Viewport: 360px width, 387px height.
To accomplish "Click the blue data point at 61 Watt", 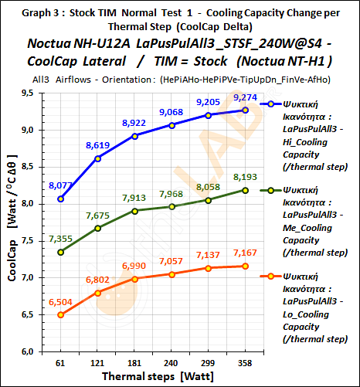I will (x=61, y=199).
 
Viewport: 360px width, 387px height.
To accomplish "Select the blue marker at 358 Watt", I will (x=245, y=110).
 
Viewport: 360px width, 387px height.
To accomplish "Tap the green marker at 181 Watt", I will (x=134, y=211).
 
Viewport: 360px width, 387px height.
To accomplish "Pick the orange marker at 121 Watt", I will (x=97, y=293).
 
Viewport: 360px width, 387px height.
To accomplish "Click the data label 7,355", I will (x=60, y=240).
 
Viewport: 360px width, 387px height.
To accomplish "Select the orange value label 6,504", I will (x=60, y=303).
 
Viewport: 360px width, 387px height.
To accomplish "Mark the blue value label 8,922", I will (x=134, y=123).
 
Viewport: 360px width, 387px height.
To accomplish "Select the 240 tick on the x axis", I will (x=171, y=362).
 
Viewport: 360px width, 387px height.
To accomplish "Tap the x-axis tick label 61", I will (x=61, y=362).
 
